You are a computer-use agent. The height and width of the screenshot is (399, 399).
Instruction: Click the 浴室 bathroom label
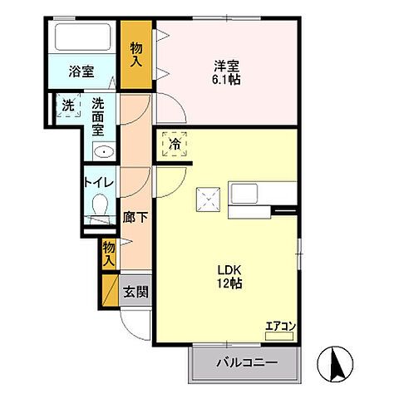coord(81,71)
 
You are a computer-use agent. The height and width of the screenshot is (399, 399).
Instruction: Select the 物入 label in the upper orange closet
coord(137,55)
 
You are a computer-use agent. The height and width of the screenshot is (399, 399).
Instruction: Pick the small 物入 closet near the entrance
coord(108,253)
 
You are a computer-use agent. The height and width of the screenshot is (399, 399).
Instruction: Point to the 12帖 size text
coord(229,283)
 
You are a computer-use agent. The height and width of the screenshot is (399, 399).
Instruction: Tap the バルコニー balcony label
coord(245,362)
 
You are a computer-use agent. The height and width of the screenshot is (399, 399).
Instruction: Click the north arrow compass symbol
coord(339,363)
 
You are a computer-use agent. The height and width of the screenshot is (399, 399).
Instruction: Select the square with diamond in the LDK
coord(206,199)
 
